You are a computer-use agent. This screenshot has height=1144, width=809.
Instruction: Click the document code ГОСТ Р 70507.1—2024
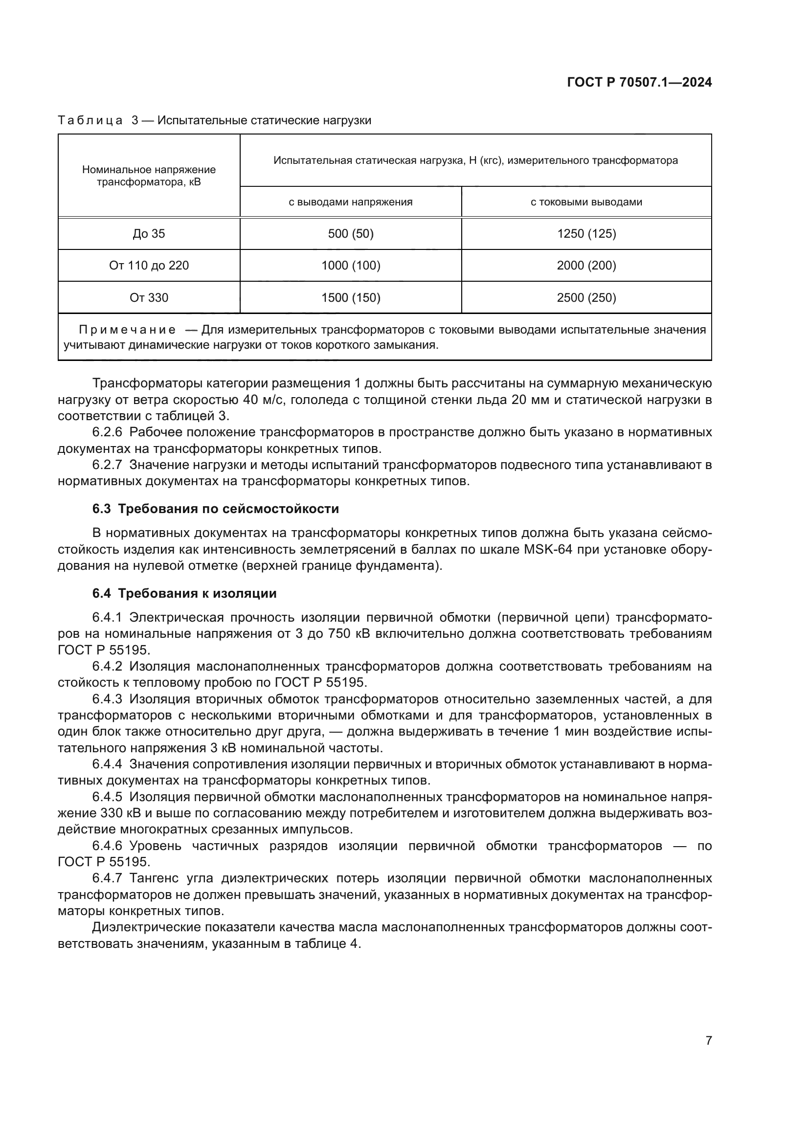[x=639, y=83]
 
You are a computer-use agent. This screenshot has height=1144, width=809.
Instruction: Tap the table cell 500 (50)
[x=351, y=234]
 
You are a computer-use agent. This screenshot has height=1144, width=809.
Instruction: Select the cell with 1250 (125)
[x=586, y=234]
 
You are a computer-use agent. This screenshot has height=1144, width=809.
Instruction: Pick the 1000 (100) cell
[x=351, y=266]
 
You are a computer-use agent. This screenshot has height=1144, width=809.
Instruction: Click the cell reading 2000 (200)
[x=586, y=266]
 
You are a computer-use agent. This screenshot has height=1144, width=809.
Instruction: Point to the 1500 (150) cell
[x=351, y=298]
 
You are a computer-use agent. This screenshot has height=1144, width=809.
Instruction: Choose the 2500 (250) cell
[x=586, y=298]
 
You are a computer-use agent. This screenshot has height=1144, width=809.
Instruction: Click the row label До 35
[x=149, y=234]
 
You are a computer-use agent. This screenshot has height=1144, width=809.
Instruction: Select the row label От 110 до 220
[x=149, y=266]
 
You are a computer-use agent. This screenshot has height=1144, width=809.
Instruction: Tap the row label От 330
[x=149, y=298]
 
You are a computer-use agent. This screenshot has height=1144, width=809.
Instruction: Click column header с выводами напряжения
[x=351, y=202]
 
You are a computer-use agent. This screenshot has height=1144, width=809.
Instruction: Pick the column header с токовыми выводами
[x=586, y=202]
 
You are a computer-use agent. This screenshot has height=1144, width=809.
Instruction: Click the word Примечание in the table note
[x=127, y=330]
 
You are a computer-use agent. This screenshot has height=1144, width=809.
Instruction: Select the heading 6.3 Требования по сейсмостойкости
[x=215, y=509]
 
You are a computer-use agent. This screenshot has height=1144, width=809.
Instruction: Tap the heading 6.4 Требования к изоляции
[x=184, y=593]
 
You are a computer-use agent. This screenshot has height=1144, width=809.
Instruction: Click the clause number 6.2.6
[x=107, y=432]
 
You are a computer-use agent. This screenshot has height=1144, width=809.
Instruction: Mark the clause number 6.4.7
[x=107, y=878]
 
